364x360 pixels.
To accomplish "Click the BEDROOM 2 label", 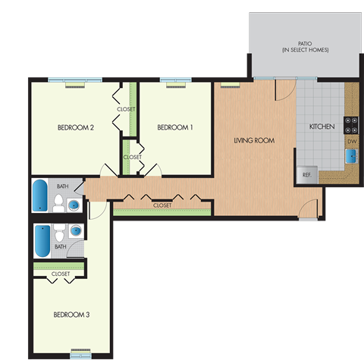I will pos(76,127).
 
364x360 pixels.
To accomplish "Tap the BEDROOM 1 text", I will pos(174,127).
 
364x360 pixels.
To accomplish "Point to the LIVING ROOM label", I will pos(253,140).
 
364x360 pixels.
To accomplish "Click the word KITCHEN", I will pos(322,127).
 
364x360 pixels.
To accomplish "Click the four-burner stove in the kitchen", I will pos(352,121).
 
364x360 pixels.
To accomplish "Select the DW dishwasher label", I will pos(352,141).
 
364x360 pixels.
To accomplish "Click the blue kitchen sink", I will pos(352,157).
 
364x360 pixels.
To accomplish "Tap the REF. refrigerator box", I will pos(307,174).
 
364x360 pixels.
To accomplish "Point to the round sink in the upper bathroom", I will pos(74,204).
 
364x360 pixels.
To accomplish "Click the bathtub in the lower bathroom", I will pos(42,241).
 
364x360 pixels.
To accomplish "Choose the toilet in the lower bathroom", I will pos(60,233).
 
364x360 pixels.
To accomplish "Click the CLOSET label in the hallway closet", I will pos(162,205).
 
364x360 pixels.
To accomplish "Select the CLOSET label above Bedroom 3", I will pos(61,274).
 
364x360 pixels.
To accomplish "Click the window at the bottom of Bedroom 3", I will pos(80,353).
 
